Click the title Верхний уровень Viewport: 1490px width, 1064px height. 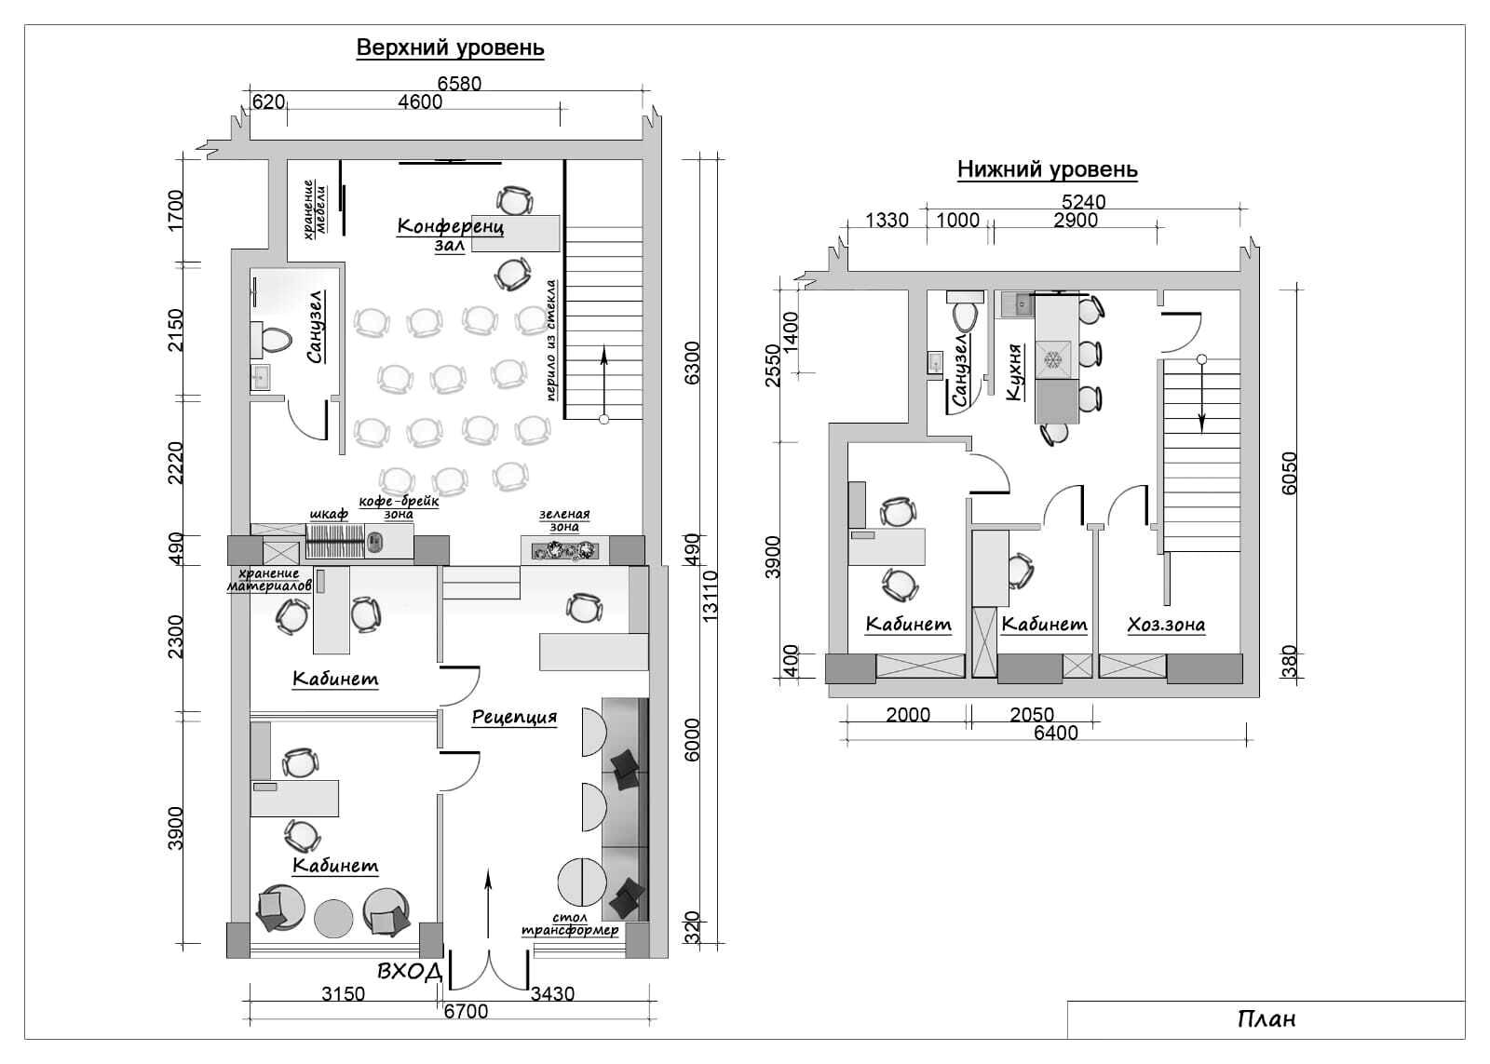point(451,47)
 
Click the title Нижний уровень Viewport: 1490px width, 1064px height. point(1048,169)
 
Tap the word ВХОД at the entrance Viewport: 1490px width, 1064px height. point(410,972)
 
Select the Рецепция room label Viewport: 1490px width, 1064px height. point(514,718)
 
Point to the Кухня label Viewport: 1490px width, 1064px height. point(1014,372)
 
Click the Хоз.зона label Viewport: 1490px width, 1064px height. point(1166,626)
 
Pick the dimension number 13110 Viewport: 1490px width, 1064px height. point(711,596)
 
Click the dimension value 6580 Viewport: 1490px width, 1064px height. point(459,83)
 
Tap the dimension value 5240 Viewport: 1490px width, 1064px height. point(1084,201)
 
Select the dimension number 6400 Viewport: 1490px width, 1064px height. point(1056,733)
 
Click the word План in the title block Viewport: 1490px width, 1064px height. point(1266,1018)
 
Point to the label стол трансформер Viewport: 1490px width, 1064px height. point(570,924)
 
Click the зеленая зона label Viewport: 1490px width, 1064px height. point(564,520)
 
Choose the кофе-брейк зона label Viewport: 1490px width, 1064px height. point(399,507)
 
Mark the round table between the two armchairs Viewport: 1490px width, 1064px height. point(333,919)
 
